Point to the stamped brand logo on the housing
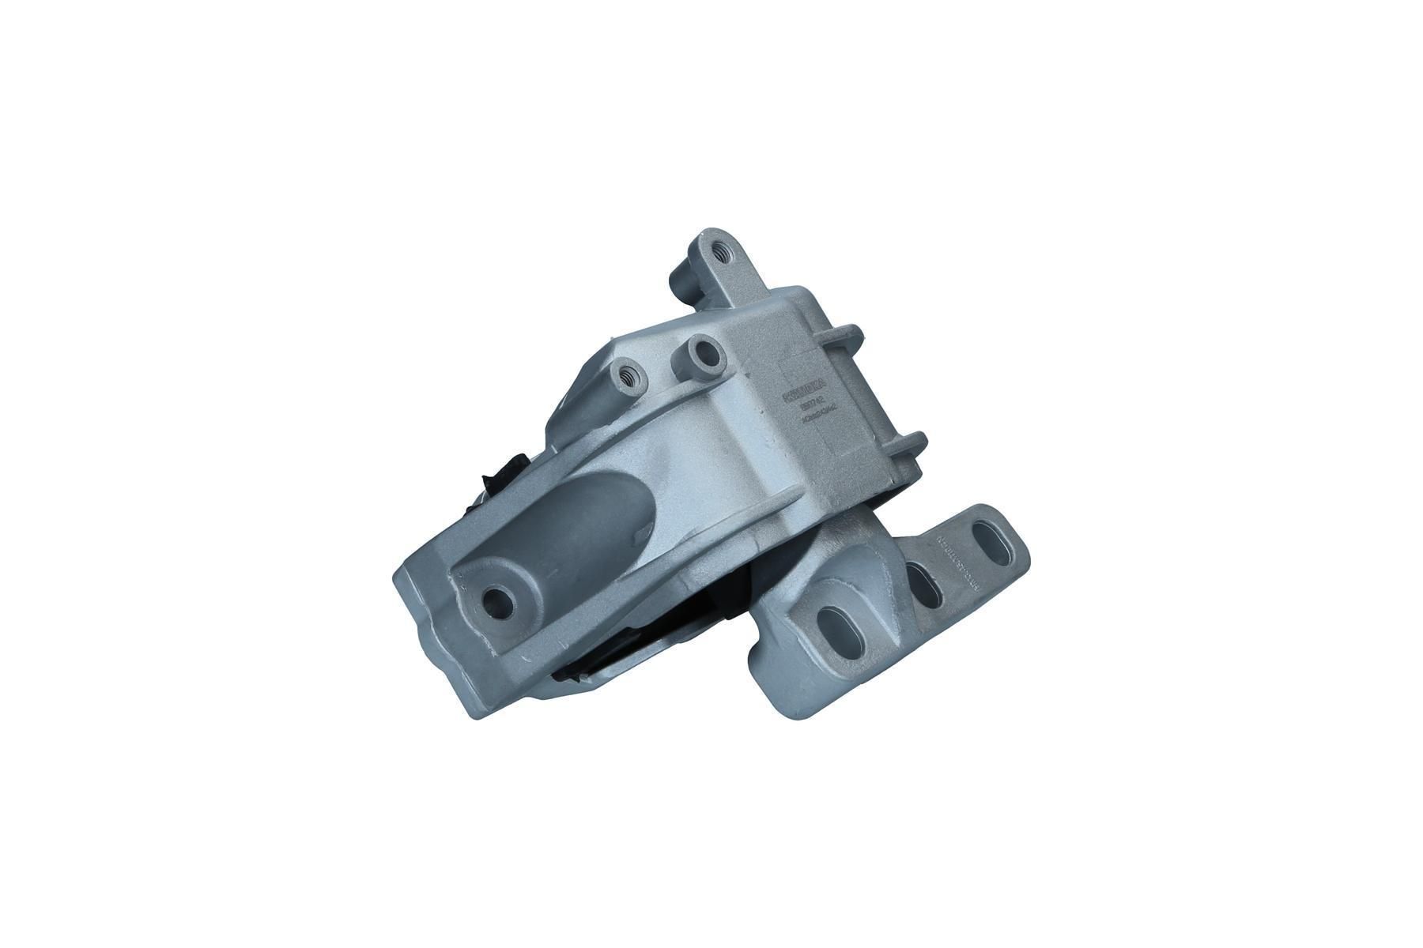(802, 394)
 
